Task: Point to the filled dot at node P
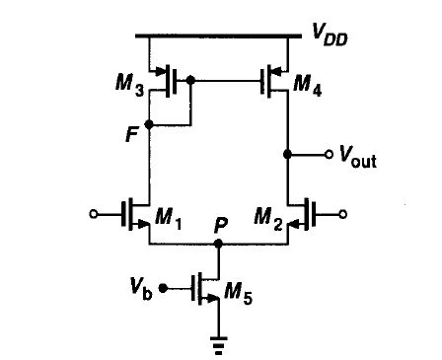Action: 219,240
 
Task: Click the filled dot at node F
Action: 149,125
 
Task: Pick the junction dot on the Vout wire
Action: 287,155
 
